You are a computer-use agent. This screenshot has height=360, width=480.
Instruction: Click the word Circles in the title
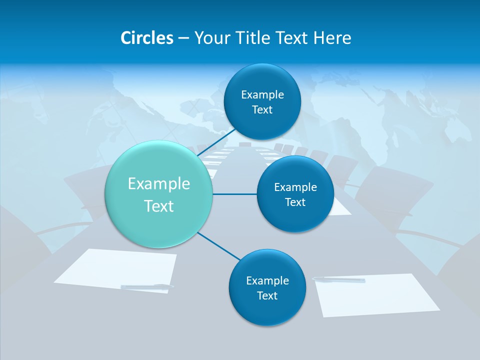pos(147,38)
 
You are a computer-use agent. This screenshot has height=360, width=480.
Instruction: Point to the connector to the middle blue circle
pos(234,194)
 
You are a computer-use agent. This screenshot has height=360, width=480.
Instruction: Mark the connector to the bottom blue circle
pos(218,246)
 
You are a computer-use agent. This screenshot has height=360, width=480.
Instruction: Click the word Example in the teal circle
pos(159,184)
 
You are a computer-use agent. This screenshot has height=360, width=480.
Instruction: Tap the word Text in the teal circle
pos(159,206)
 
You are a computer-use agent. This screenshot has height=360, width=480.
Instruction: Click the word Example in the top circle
pos(262,95)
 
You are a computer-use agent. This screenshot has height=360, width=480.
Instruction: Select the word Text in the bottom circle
pos(267,296)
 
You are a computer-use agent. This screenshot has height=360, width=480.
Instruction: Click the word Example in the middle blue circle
pos(295,187)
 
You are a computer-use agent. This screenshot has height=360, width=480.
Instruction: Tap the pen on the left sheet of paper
pos(147,286)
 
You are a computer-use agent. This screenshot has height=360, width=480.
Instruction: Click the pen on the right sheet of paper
pos(338,279)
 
